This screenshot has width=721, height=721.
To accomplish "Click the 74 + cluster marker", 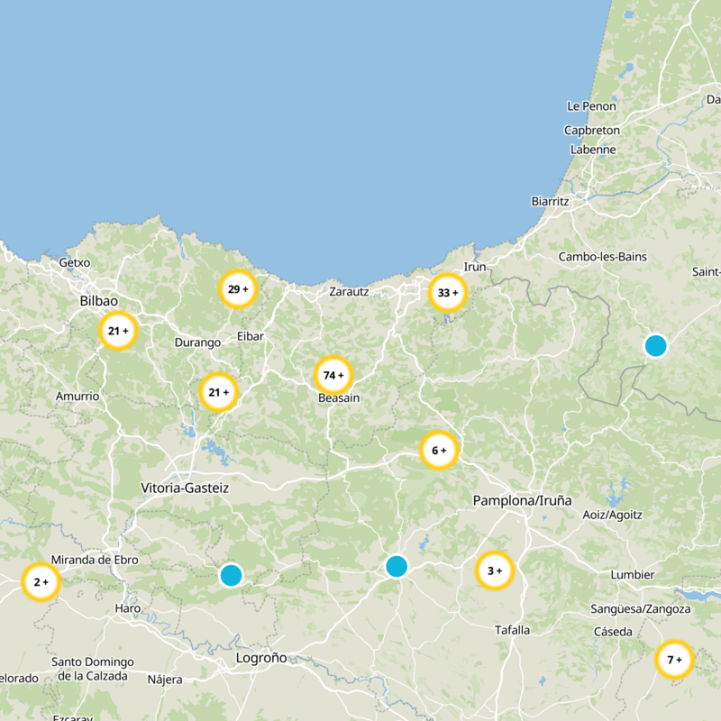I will [x=333, y=375].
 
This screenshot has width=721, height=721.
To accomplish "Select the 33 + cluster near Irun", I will [x=448, y=293].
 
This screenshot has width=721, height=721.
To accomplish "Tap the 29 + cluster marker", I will [x=239, y=289].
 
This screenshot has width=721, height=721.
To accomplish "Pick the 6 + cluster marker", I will [x=440, y=451].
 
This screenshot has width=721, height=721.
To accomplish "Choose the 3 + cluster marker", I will [x=495, y=570].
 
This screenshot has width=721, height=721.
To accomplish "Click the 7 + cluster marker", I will [x=674, y=660].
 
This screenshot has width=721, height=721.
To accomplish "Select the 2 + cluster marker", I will [x=41, y=582].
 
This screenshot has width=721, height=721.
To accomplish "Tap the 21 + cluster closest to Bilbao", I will [x=118, y=331].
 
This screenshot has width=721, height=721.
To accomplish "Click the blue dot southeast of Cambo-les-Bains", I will [x=655, y=345].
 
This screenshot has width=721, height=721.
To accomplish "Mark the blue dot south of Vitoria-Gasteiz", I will [x=231, y=575].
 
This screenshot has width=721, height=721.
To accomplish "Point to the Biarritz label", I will [x=550, y=201].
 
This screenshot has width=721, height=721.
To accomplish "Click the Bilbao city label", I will [x=98, y=301].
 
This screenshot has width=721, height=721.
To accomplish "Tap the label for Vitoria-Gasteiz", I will [x=185, y=488].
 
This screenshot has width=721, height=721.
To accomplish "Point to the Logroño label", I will [x=260, y=658].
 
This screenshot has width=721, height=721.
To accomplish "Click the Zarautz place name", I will [x=348, y=291].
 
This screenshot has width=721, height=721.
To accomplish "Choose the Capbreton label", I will [x=591, y=130].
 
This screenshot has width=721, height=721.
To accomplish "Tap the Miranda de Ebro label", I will [x=95, y=560].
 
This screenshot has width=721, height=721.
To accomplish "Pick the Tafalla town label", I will [x=513, y=630].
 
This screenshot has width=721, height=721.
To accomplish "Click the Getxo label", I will [x=74, y=262].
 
